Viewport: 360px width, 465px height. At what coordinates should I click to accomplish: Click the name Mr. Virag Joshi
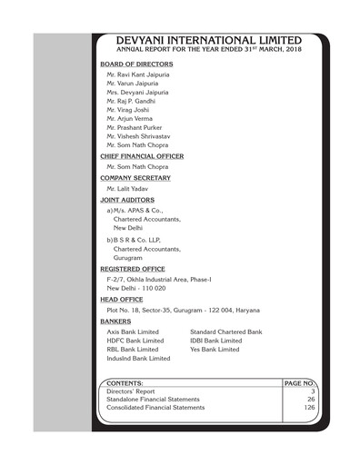(x=128, y=109)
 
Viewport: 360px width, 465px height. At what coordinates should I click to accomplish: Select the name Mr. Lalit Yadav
(x=127, y=187)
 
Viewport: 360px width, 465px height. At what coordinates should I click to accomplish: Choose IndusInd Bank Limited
(x=138, y=359)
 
